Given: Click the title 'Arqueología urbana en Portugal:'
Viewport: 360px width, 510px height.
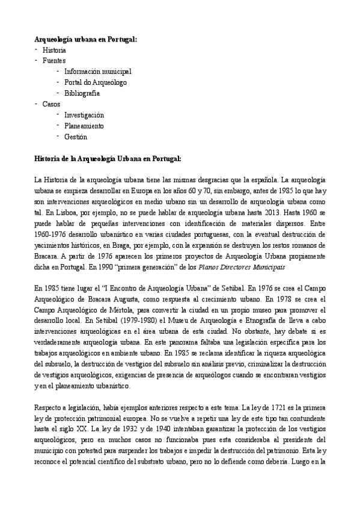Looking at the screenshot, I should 85,39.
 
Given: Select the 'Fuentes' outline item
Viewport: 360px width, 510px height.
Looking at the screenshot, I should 54,61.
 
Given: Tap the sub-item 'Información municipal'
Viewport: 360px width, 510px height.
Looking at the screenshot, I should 97,72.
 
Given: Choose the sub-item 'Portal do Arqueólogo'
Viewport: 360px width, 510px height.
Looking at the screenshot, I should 96,82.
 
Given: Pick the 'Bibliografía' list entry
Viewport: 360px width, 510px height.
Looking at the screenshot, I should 82,93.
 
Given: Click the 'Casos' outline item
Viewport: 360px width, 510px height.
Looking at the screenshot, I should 51,104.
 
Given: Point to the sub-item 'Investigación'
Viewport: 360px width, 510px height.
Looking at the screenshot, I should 84,115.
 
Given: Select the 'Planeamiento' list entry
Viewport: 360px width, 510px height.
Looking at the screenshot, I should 84,126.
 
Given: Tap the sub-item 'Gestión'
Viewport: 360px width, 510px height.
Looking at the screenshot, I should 76,137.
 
